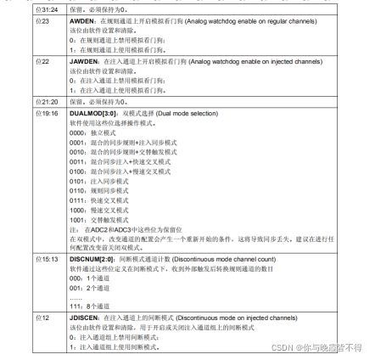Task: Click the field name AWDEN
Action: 81,20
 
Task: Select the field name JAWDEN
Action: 82,61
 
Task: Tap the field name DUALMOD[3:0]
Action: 91,113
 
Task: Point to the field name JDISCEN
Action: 84,318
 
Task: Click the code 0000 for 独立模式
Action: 76,132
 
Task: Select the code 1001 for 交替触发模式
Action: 76,217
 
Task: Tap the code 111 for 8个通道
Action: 75,305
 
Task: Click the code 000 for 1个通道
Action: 75,278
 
